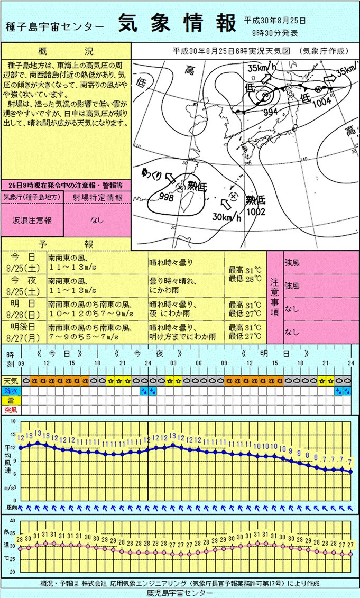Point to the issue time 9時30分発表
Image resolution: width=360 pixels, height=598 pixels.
coord(275,33)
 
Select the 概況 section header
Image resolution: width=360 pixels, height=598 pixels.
coord(66,51)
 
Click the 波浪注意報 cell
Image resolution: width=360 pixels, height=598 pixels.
coord(32,220)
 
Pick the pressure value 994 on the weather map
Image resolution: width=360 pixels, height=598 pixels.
coord(271,112)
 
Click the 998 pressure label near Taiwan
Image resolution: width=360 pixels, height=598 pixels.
coord(166,197)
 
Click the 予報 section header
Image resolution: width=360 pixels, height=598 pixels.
coord(66,244)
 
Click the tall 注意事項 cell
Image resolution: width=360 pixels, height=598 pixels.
coord(274,297)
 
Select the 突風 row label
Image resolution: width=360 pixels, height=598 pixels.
coord(10,410)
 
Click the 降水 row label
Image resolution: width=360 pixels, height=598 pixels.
coord(10,391)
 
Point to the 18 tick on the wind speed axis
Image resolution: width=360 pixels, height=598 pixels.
coord(13,422)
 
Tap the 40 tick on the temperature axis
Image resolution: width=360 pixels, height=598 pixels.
coord(13,521)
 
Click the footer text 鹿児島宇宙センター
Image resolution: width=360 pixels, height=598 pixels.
coord(180,593)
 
